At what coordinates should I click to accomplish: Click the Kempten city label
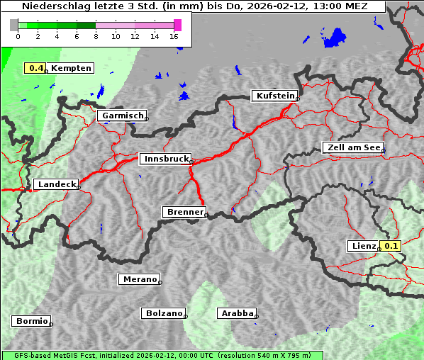pos(70,68)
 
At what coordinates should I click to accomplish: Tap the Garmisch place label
pos(122,116)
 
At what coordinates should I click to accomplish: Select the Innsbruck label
pos(164,159)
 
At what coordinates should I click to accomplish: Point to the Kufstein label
pos(274,96)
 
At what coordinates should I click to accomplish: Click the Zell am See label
pos(352,147)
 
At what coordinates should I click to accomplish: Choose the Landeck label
pos(55,184)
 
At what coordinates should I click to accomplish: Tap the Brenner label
pos(184,212)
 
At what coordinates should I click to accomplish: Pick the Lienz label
pos(363,246)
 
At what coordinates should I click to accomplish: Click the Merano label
pos(138,279)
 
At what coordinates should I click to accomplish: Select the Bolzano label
pos(164,313)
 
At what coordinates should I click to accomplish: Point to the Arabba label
pos(236,313)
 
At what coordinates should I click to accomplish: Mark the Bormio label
pos(31,321)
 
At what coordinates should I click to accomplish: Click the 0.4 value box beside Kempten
pos(36,68)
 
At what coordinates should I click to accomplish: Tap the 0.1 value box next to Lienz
pos(391,246)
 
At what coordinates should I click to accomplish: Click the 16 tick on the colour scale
pos(174,36)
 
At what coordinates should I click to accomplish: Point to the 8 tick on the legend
pos(96,36)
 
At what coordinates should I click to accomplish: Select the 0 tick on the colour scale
pos(18,36)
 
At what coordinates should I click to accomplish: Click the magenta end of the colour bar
pos(177,25)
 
